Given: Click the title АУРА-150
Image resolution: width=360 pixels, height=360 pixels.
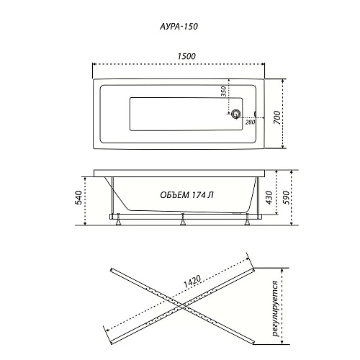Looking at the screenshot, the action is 179,26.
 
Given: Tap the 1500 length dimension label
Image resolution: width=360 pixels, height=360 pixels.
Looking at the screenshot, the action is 186,56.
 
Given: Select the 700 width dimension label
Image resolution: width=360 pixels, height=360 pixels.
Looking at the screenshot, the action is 277,117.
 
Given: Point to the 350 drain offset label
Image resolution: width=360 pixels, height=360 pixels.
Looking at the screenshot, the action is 223,91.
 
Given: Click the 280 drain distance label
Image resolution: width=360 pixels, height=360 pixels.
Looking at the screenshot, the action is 250,122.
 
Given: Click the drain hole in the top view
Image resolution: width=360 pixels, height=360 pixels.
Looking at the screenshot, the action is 235,114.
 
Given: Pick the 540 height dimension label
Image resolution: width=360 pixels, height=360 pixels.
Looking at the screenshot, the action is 79,197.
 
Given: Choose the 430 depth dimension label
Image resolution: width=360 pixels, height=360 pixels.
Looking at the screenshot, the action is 270,197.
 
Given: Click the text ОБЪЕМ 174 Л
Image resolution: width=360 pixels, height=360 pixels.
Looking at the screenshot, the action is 186,195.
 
